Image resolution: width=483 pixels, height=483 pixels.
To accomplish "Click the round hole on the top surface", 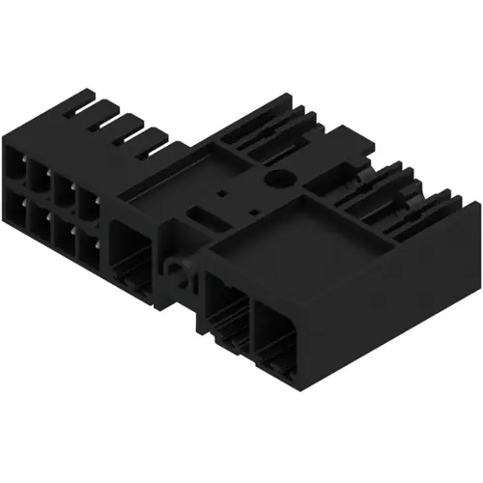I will tap(281, 180).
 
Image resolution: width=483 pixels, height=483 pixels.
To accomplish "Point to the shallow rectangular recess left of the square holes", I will tap(159, 197).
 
